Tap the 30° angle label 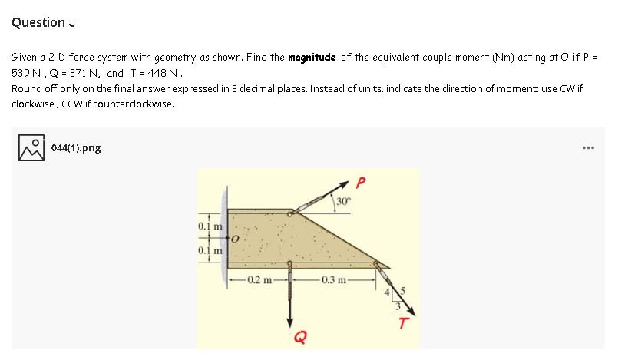342,203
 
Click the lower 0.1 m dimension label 208,251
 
